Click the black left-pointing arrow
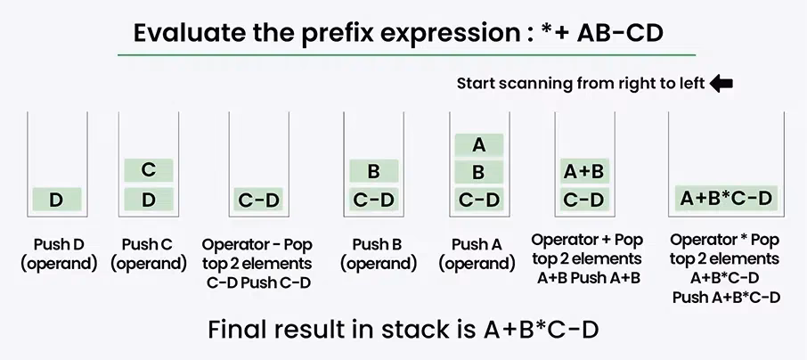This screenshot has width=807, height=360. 721,84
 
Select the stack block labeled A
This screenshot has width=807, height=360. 478,145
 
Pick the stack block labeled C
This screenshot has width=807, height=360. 148,170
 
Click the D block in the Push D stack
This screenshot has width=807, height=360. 56,200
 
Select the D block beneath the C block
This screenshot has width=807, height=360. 148,200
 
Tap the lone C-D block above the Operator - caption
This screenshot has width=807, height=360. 258,200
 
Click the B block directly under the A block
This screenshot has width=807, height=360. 478,172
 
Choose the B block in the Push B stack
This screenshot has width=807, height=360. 373,172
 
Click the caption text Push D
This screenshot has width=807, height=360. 58,244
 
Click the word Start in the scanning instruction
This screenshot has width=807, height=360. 477,84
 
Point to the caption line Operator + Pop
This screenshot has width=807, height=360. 587,241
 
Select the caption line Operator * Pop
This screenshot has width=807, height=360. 724,241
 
